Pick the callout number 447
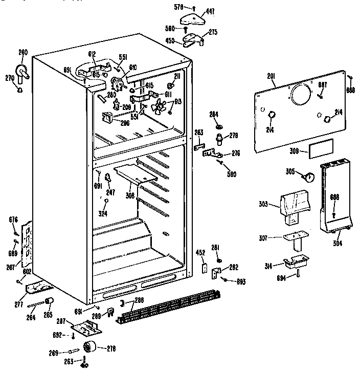pyautogui.click(x=210, y=10)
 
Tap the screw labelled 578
pyautogui.click(x=195, y=8)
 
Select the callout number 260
pyautogui.click(x=23, y=52)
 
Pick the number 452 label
pyautogui.click(x=201, y=252)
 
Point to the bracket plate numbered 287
pyautogui.click(x=86, y=326)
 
